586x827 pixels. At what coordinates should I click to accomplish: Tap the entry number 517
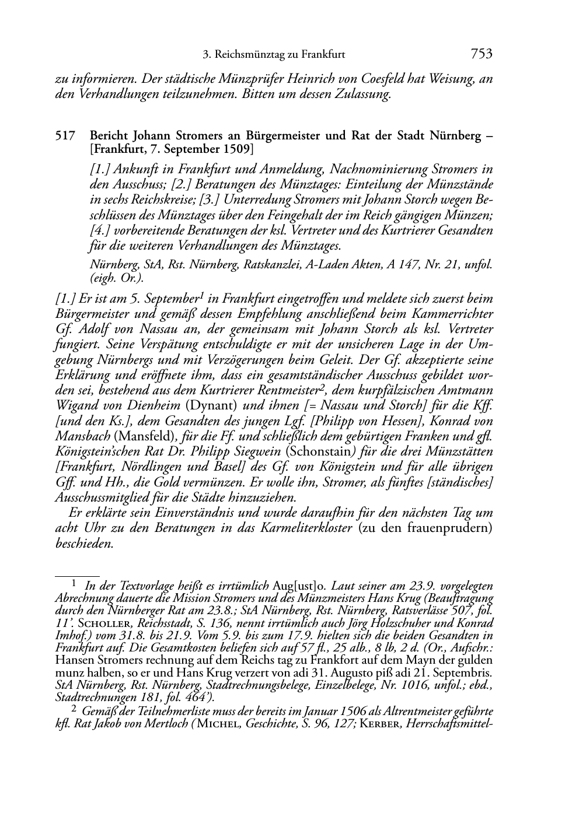(x=64, y=136)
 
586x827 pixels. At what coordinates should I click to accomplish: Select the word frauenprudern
(x=449, y=528)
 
